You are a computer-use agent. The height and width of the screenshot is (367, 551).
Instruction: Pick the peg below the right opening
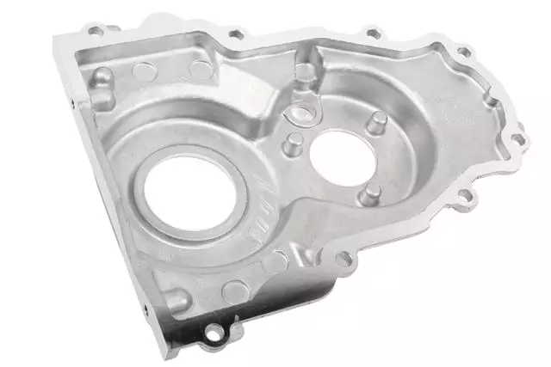(x=371, y=195)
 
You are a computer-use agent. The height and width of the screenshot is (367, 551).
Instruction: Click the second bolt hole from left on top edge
(x=234, y=35)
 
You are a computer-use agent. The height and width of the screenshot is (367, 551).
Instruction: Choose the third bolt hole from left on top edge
(x=372, y=34)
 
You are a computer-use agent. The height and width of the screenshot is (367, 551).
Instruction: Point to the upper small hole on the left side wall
(x=72, y=101)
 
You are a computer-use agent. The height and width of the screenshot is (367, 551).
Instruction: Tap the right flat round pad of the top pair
(x=200, y=70)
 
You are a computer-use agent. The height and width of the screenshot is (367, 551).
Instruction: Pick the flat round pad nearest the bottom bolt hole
(x=234, y=291)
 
